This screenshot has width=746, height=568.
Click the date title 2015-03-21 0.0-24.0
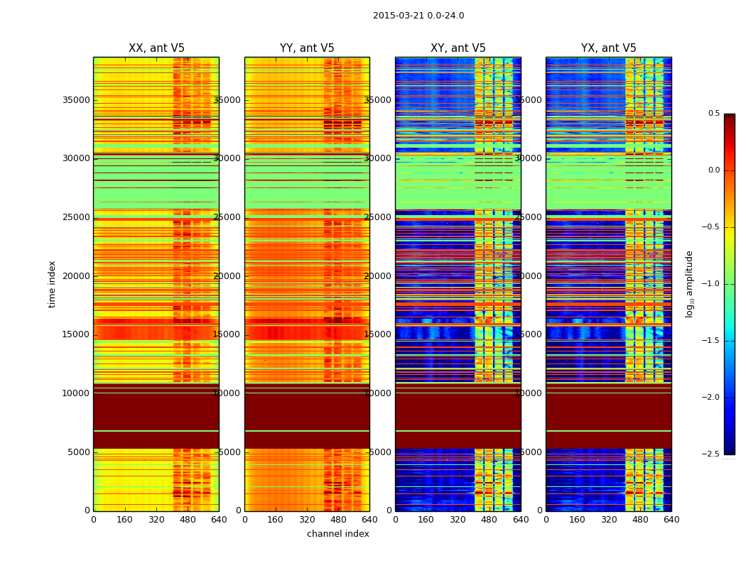click(x=418, y=16)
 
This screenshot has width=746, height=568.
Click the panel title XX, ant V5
click(x=156, y=48)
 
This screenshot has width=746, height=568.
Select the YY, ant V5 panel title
click(x=307, y=48)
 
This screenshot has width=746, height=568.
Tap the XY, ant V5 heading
click(x=458, y=48)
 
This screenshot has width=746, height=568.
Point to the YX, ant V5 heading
click(x=609, y=48)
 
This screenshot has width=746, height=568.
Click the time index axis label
click(x=52, y=284)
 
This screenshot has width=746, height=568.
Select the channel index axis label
click(x=338, y=534)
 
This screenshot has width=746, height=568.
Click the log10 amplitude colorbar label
click(x=689, y=284)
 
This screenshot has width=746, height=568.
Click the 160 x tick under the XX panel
click(x=124, y=520)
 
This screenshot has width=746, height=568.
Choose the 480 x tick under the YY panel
click(x=338, y=520)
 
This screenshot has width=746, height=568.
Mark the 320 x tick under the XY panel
click(x=458, y=520)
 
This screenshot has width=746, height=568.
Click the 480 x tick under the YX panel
click(x=640, y=520)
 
